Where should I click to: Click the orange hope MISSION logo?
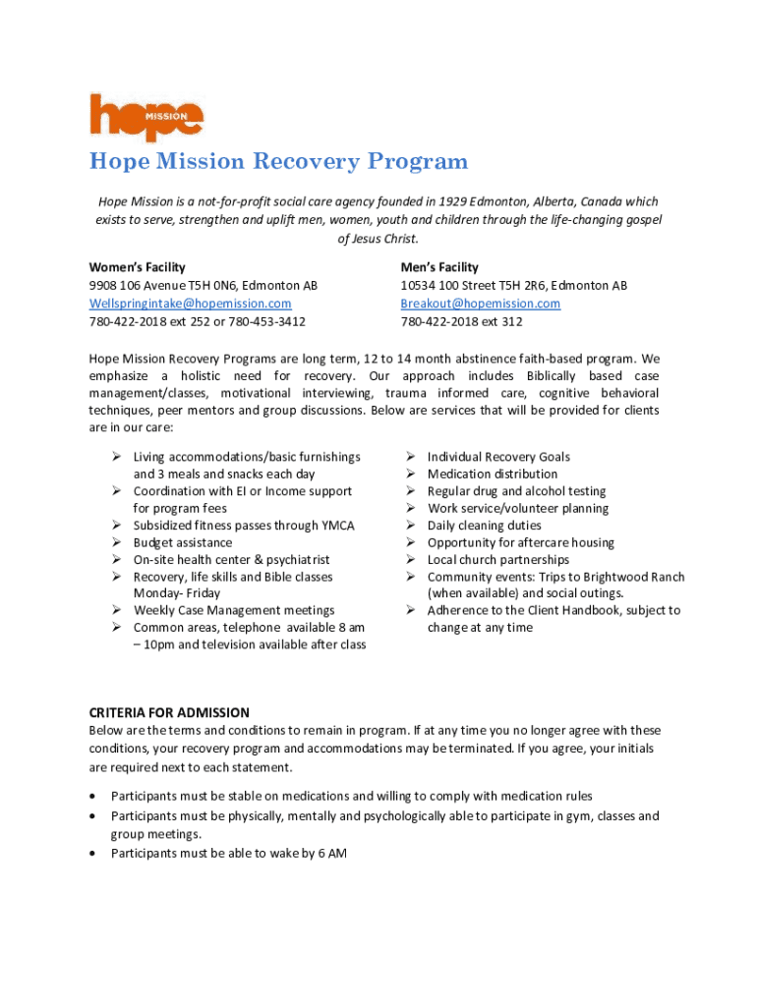click(146, 116)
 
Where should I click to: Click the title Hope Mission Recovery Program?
click(278, 161)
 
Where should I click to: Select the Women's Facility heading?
click(137, 267)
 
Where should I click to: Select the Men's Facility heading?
click(439, 267)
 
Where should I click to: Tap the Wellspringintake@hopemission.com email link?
click(190, 304)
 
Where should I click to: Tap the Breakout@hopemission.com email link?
click(480, 304)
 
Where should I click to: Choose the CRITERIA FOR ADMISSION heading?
click(169, 712)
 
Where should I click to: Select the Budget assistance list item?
click(183, 542)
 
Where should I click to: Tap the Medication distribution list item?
click(492, 474)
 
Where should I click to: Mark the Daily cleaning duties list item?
click(484, 526)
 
